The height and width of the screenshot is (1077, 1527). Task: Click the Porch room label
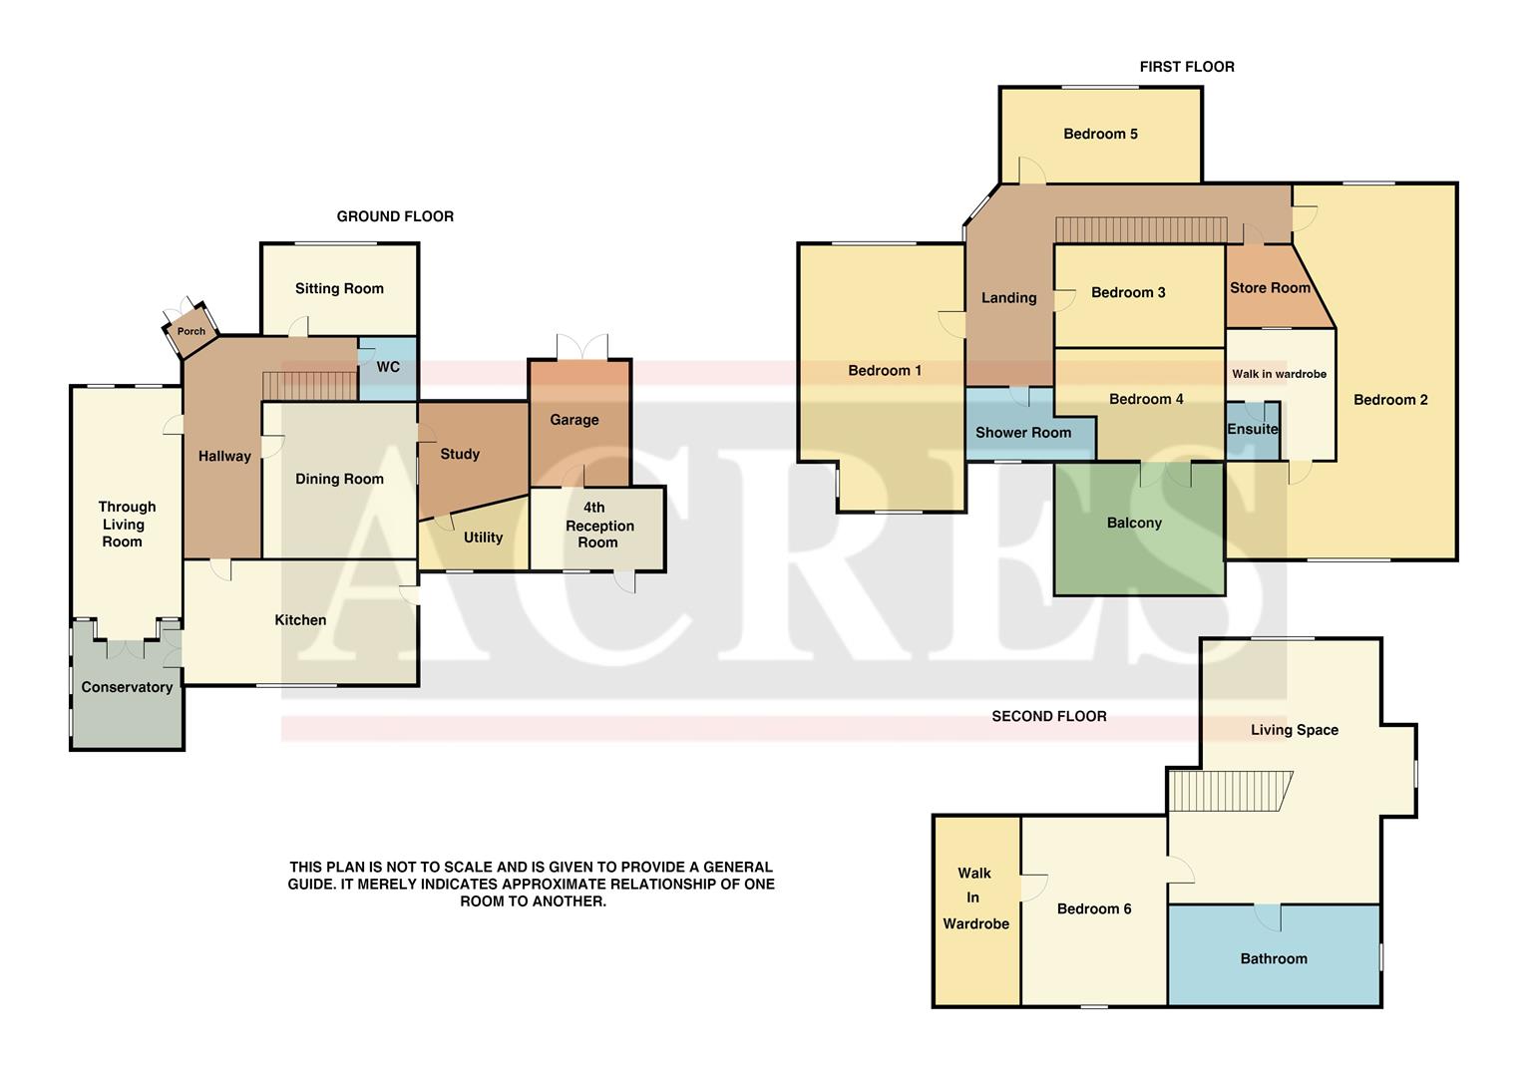[191, 331]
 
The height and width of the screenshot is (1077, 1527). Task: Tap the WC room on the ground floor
[388, 368]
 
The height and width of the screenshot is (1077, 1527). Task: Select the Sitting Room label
[339, 289]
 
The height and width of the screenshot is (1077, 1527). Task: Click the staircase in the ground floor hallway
[309, 385]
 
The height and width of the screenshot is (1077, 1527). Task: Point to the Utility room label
[483, 538]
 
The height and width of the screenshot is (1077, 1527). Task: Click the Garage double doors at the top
[581, 347]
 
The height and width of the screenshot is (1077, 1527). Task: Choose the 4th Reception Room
[597, 526]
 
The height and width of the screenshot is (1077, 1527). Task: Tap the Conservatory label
[127, 687]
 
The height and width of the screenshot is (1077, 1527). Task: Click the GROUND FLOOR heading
[395, 216]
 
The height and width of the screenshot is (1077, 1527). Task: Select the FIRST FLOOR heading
[1187, 67]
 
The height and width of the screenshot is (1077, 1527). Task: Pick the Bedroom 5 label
[1100, 135]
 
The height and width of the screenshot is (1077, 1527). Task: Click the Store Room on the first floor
[1270, 288]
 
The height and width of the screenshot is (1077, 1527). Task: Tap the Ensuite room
[1253, 430]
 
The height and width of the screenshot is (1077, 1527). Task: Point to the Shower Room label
[1023, 433]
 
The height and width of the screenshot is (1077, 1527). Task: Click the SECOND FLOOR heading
[1048, 716]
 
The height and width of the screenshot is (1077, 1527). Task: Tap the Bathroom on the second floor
[1274, 959]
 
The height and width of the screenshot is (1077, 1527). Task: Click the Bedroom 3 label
[1128, 293]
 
